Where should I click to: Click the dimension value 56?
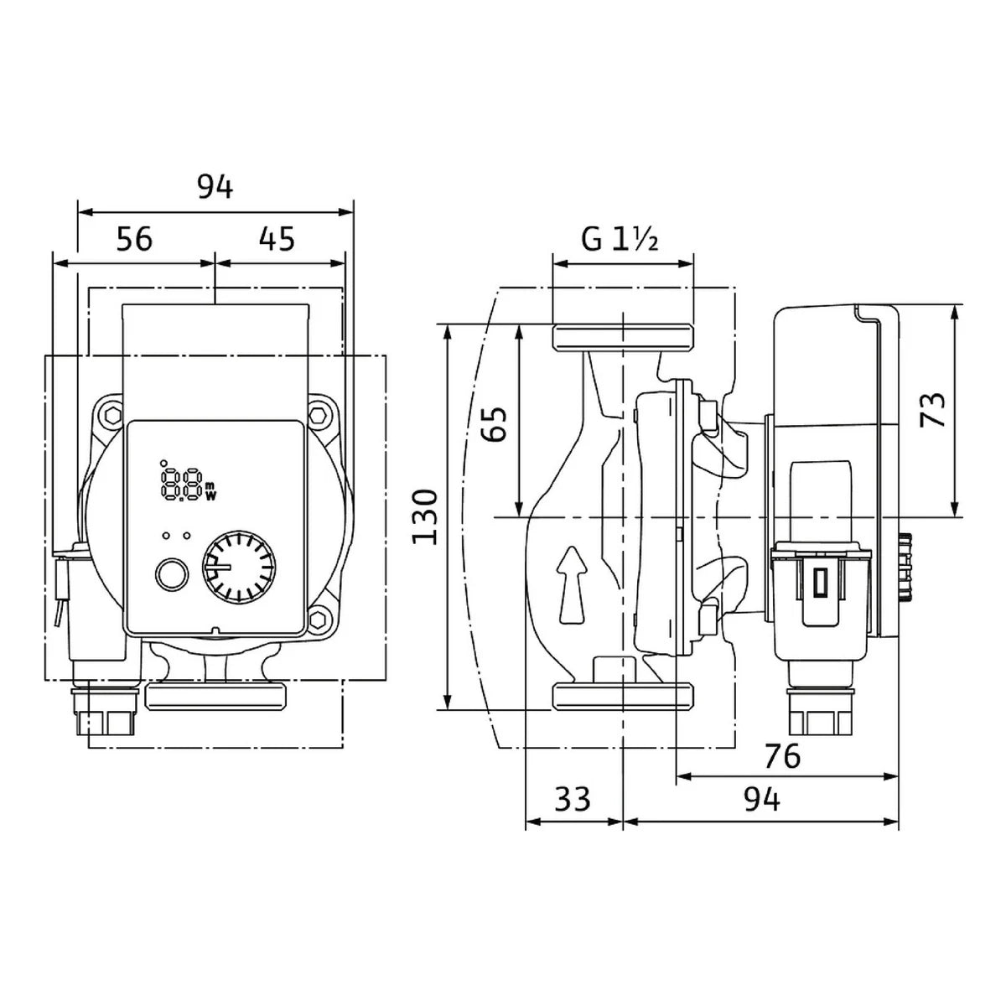[x=134, y=239]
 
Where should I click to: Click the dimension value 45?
[x=277, y=239]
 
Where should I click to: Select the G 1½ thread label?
[x=620, y=240]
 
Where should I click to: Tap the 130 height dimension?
[x=424, y=517]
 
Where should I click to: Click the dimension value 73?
[x=932, y=410]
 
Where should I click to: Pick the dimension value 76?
[x=782, y=755]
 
